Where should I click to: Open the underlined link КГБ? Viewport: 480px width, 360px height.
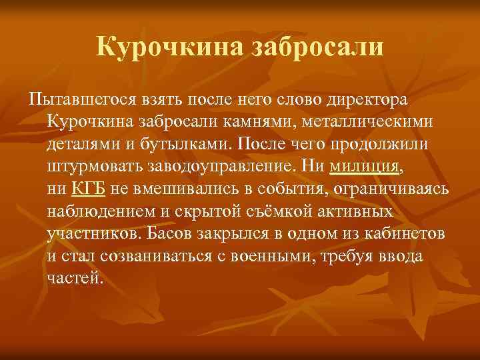(x=88, y=188)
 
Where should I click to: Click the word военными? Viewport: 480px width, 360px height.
(x=282, y=255)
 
